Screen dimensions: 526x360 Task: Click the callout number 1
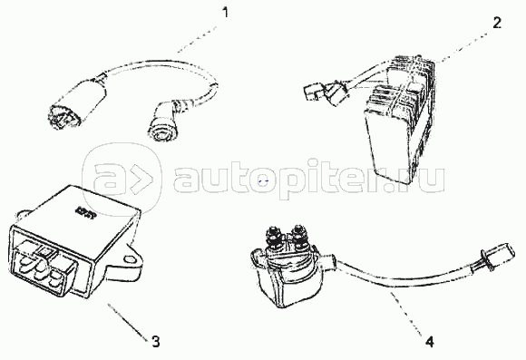[x=226, y=13]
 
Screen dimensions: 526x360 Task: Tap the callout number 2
[x=497, y=23]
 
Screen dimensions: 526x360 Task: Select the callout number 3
[x=156, y=342]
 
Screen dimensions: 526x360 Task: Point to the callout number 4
[x=430, y=342]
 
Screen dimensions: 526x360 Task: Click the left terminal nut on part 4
[x=272, y=236]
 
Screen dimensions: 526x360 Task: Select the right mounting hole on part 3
[x=129, y=259]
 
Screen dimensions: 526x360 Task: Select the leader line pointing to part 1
[x=198, y=39]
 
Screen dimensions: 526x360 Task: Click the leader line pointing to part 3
[x=128, y=322]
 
